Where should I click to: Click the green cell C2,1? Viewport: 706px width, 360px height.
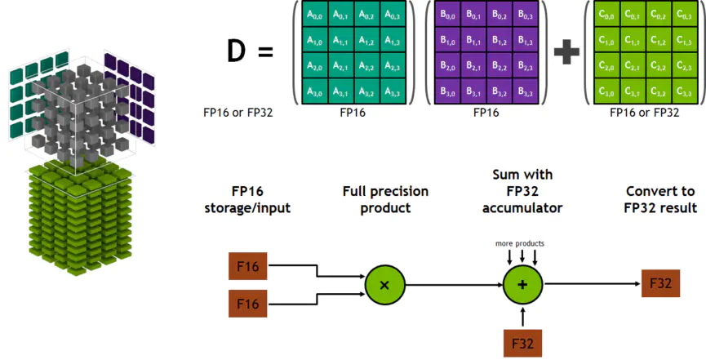(634, 66)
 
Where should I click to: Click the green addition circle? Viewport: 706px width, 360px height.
(522, 284)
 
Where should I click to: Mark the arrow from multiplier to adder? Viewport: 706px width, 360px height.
(453, 284)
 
